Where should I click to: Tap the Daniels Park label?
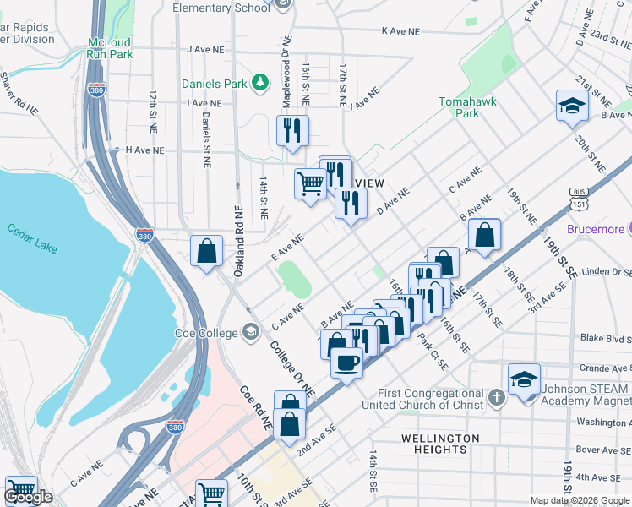click(x=215, y=84)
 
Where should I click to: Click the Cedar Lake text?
click(x=33, y=237)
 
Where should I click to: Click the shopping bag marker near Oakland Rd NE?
click(x=206, y=251)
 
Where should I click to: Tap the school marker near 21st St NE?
click(x=571, y=106)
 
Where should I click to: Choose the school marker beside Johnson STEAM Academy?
click(x=524, y=379)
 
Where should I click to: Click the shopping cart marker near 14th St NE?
click(x=310, y=183)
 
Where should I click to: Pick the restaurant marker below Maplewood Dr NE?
click(x=292, y=131)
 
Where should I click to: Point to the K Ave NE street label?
click(x=400, y=31)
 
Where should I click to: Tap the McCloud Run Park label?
click(x=110, y=48)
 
